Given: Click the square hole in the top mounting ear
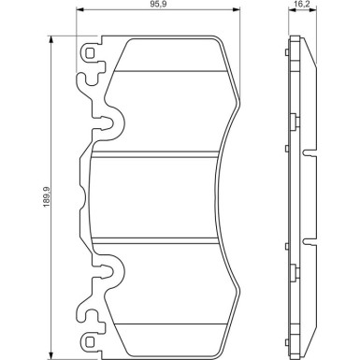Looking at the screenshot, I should point(90,53).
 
